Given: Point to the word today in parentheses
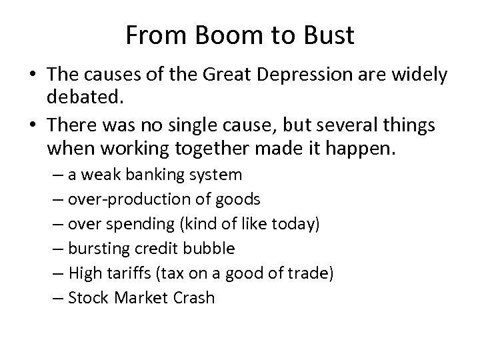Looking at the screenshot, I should [294, 224].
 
